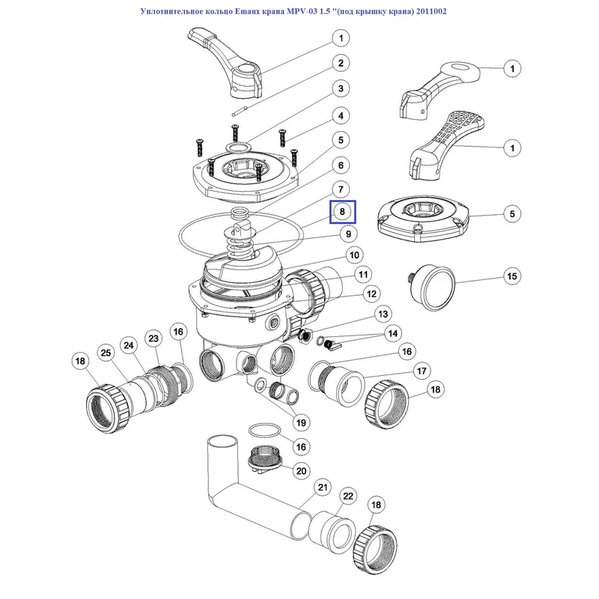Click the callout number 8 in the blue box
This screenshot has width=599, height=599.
342,212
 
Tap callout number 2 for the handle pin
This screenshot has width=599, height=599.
341,63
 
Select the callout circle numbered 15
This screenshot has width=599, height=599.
512,276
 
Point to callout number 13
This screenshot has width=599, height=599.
383,314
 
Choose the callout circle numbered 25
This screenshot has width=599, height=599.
106,353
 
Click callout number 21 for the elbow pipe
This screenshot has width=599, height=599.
323,487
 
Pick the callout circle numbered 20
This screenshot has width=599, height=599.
302,471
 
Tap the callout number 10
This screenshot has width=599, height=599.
354,255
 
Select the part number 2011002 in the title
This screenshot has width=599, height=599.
431,11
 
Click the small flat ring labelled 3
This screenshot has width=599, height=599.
238,147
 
